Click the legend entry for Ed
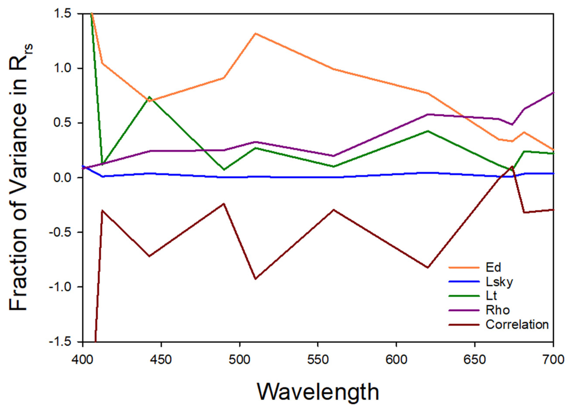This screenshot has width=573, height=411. (x=493, y=267)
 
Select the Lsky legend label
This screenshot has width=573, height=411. (x=499, y=282)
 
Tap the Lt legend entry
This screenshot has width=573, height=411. (x=491, y=296)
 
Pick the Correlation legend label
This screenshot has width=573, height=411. (x=517, y=324)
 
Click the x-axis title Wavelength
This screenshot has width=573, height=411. (x=318, y=392)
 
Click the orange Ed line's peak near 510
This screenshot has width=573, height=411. (x=256, y=34)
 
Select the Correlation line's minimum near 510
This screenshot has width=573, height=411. (x=256, y=279)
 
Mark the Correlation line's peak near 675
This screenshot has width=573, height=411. (x=512, y=167)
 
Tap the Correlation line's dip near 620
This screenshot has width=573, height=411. (x=428, y=268)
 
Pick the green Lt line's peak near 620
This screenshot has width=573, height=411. (x=428, y=131)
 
